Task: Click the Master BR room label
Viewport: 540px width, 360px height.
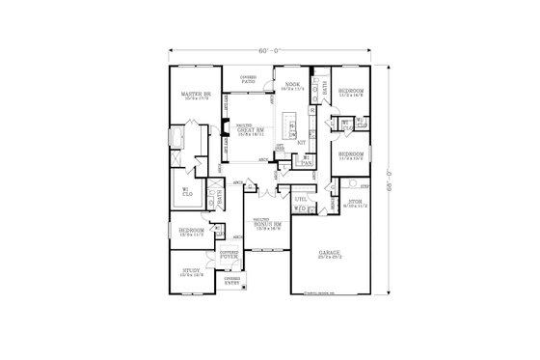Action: (x=196, y=95)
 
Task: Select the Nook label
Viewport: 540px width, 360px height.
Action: (x=291, y=86)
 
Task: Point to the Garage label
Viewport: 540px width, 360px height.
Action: (x=330, y=255)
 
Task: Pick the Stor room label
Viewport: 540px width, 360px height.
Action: (x=356, y=204)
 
